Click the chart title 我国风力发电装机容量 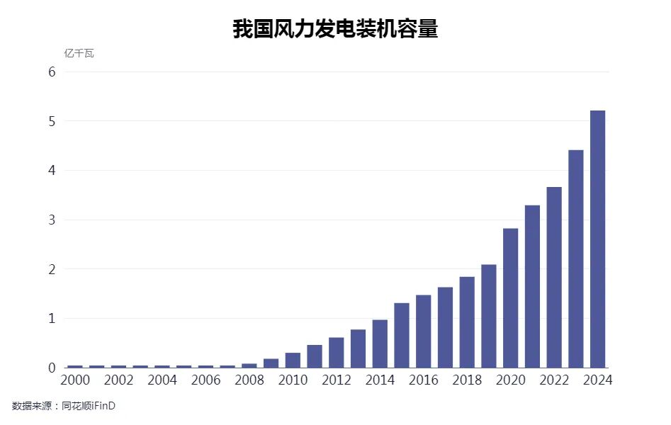click(335, 28)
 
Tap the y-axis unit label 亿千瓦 click(79, 54)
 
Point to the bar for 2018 click(467, 322)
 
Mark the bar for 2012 click(337, 352)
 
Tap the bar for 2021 click(532, 286)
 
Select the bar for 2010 click(293, 360)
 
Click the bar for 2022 click(554, 277)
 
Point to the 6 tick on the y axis click(52, 72)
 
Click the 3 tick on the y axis click(52, 220)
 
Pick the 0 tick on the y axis click(52, 368)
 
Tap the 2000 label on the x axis click(75, 380)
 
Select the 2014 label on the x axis click(380, 380)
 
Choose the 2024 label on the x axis click(597, 380)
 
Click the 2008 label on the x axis click(249, 380)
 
